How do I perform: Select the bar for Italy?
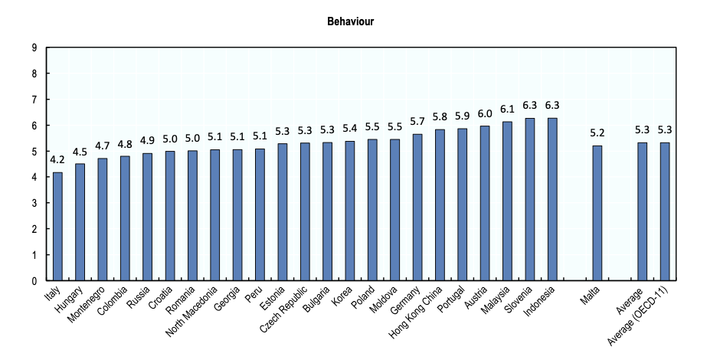57,227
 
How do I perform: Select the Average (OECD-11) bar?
665,211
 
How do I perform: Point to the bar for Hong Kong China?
440,205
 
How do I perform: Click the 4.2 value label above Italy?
57,160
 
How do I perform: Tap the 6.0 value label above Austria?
484,113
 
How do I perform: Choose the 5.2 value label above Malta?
597,133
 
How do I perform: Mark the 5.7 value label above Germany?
417,121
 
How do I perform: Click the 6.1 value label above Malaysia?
507,110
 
